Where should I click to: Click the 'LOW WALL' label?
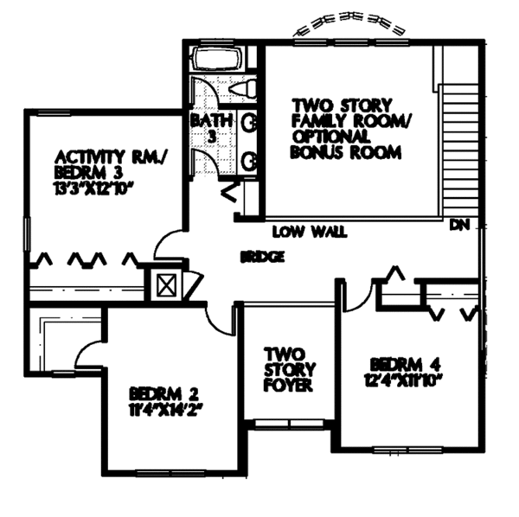coord(309,232)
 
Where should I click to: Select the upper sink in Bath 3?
coord(248,122)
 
